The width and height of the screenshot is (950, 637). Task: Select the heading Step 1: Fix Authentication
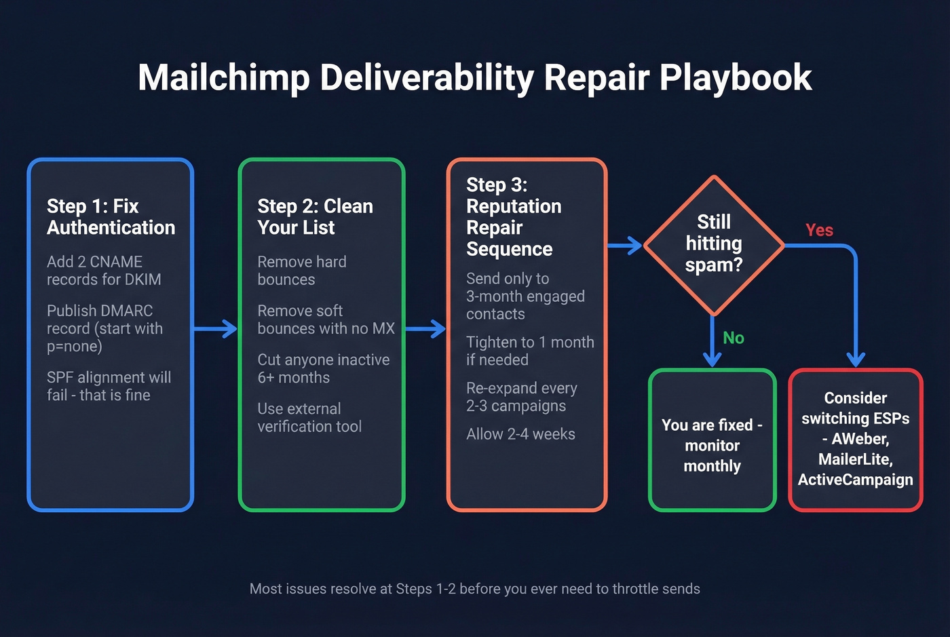coord(111,216)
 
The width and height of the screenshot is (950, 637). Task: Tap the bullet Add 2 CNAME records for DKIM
coord(104,271)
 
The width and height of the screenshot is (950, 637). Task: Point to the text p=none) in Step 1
coord(74,346)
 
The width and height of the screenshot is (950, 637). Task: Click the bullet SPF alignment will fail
coord(109,386)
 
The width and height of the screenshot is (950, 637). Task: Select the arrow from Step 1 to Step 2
coord(215,330)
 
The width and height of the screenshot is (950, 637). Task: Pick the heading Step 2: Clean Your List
coord(315,216)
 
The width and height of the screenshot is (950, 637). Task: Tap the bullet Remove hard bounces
coord(301,271)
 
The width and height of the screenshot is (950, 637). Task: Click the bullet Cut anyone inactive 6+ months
coord(323,368)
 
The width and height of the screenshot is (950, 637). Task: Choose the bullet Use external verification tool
coord(309,417)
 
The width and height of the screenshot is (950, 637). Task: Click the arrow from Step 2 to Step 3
coord(425,330)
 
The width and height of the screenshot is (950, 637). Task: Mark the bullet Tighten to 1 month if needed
coord(529,351)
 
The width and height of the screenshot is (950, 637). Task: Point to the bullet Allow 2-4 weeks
coord(520,434)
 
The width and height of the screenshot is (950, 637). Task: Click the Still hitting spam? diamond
coord(713,244)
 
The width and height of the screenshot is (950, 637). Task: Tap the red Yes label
coord(819,231)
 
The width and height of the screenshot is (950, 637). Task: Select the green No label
coord(733,338)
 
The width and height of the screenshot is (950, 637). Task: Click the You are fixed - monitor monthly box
coord(712,445)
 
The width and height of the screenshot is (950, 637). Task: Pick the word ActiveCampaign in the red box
coord(855,480)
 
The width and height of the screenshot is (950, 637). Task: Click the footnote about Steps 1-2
coord(474,589)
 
